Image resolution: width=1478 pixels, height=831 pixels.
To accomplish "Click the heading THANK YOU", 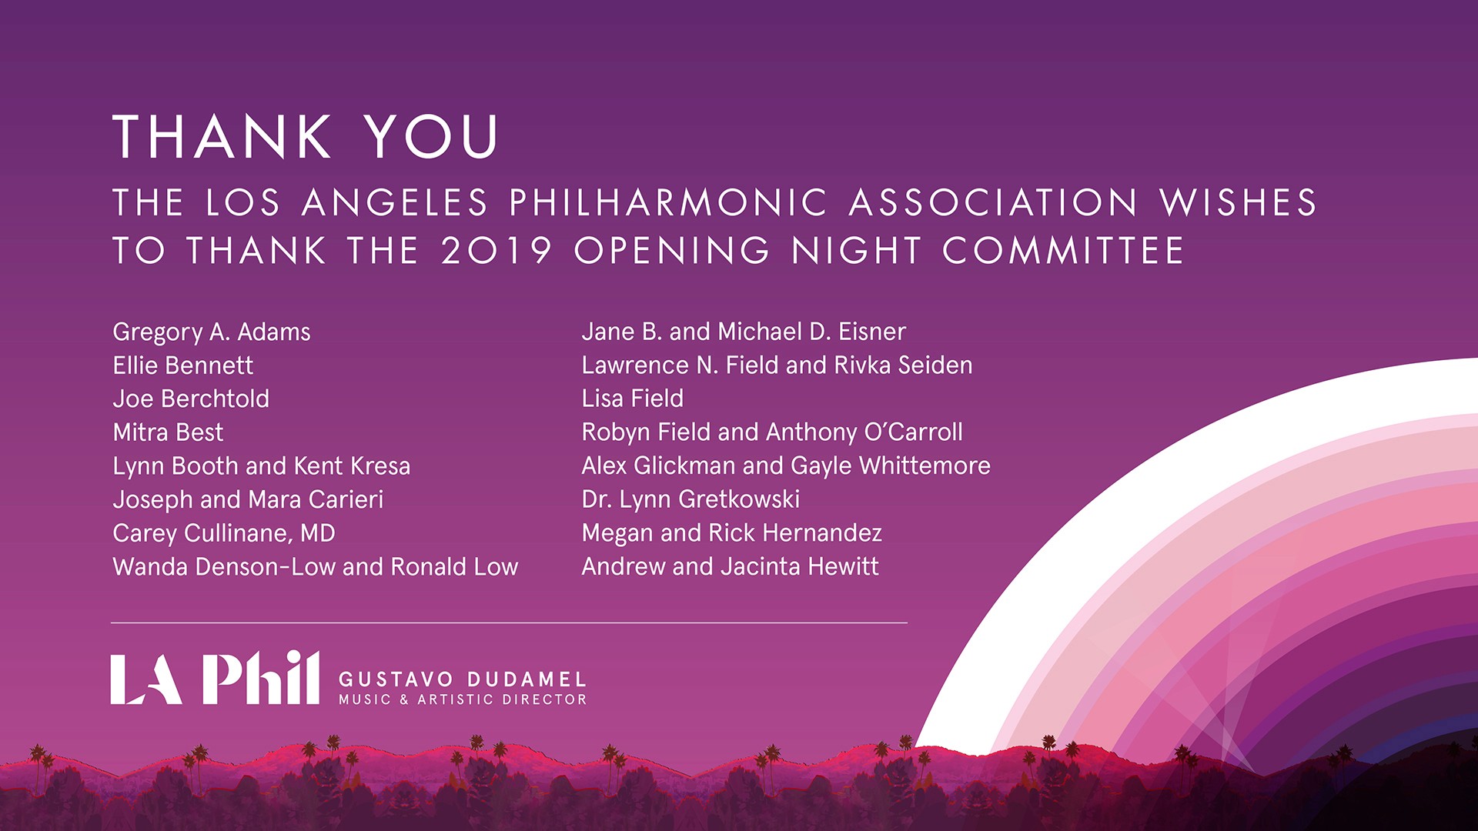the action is coord(306,137).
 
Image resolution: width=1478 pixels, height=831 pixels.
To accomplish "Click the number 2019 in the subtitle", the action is coord(497,251).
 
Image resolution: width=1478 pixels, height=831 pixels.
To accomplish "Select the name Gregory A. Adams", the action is coord(212,332).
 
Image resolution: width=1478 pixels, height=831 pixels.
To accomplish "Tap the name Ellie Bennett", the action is coord(182,365).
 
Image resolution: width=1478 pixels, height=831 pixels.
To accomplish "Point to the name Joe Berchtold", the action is coord(191,399).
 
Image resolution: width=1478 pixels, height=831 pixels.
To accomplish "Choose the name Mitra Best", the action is coord(168,432).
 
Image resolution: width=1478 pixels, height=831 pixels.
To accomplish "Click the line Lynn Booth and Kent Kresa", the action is coord(262,466).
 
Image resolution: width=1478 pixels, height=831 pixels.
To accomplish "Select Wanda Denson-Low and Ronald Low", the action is coord(316,567).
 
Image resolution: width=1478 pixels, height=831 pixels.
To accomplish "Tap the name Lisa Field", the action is coord(633,399).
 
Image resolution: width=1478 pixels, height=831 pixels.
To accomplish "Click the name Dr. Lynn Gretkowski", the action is coord(691,499).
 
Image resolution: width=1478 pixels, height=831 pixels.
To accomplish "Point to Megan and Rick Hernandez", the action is coord(732,533).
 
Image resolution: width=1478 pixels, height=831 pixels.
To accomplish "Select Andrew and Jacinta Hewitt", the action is coord(731,567).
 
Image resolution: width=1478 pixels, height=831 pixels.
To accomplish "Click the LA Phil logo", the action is coord(215,678).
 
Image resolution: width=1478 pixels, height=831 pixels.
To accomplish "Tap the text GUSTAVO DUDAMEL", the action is coord(463,679).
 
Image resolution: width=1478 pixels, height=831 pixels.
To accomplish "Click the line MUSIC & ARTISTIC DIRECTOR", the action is coord(463,699).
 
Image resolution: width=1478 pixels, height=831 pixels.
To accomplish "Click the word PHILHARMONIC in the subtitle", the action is coord(668,203).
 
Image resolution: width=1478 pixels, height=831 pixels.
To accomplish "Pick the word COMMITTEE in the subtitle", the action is coord(1063,251).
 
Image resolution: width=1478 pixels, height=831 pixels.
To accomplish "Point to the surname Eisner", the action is coord(872,332).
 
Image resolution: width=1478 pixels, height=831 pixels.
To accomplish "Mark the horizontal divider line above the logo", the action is coord(509,622).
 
